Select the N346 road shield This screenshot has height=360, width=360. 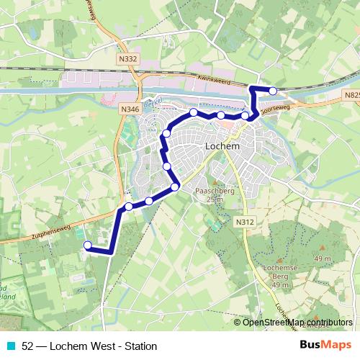pos(130,108)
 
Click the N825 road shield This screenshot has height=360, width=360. pos(351,94)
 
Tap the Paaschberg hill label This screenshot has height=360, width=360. pos(211,191)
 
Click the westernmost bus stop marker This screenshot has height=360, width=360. pos(88,246)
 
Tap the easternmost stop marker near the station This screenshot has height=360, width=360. pos(273,90)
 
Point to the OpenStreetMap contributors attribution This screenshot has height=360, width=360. pos(297,322)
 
